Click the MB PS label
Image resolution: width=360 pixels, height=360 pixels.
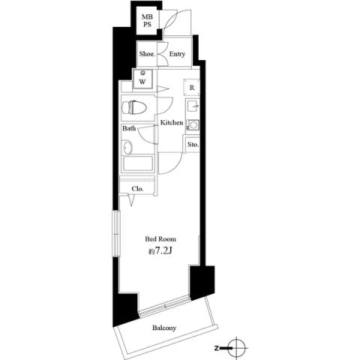(x=148, y=20)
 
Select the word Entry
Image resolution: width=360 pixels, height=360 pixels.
(x=177, y=54)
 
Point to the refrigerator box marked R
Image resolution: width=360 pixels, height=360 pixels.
(x=191, y=87)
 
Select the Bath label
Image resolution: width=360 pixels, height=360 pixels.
(x=129, y=129)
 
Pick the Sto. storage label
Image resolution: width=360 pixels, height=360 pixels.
(x=193, y=144)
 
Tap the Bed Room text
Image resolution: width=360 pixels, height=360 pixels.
(x=160, y=239)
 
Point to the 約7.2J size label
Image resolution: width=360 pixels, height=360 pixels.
(x=160, y=250)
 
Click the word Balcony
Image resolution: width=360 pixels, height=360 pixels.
(x=164, y=328)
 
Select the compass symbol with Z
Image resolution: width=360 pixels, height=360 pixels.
(x=238, y=348)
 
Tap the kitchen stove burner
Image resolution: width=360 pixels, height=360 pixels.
(x=192, y=124)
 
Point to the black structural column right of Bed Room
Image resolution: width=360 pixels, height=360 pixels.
(x=202, y=283)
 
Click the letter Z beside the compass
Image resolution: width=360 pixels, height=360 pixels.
(x=216, y=348)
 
